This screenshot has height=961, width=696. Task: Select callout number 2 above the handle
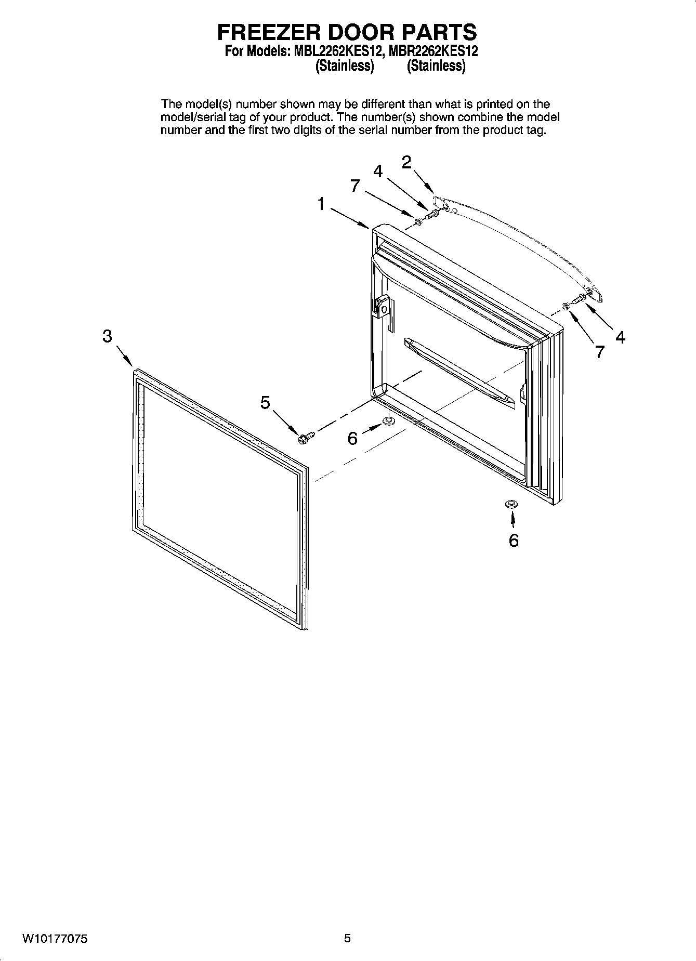pyautogui.click(x=406, y=162)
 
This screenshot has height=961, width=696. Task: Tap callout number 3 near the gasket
pyautogui.click(x=107, y=336)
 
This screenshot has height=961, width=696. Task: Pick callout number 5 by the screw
pyautogui.click(x=265, y=402)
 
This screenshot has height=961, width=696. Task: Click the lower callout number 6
pyautogui.click(x=513, y=541)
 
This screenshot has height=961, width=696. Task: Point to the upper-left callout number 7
pyautogui.click(x=355, y=186)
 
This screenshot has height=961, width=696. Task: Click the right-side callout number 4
pyautogui.click(x=620, y=337)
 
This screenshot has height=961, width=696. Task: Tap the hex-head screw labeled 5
pyautogui.click(x=306, y=437)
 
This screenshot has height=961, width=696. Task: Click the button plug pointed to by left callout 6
pyautogui.click(x=388, y=420)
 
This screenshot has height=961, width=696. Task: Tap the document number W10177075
pyautogui.click(x=55, y=939)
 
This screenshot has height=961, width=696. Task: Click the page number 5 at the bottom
pyautogui.click(x=347, y=938)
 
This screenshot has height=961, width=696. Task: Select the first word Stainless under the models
pyautogui.click(x=345, y=66)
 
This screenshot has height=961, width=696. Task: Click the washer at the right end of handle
pyautogui.click(x=566, y=306)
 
